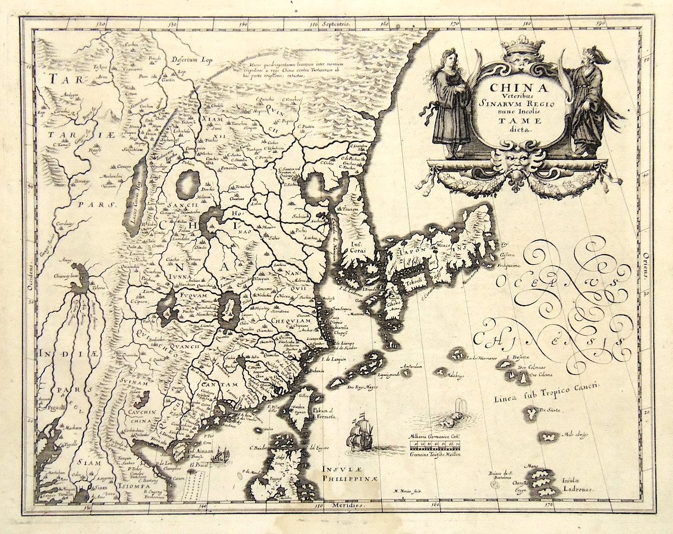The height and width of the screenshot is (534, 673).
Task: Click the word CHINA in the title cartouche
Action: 518,88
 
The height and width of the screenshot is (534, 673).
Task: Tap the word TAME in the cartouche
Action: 519,119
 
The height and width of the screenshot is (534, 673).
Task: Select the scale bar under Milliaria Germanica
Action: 435,446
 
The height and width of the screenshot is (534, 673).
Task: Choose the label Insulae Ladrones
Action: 578,485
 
